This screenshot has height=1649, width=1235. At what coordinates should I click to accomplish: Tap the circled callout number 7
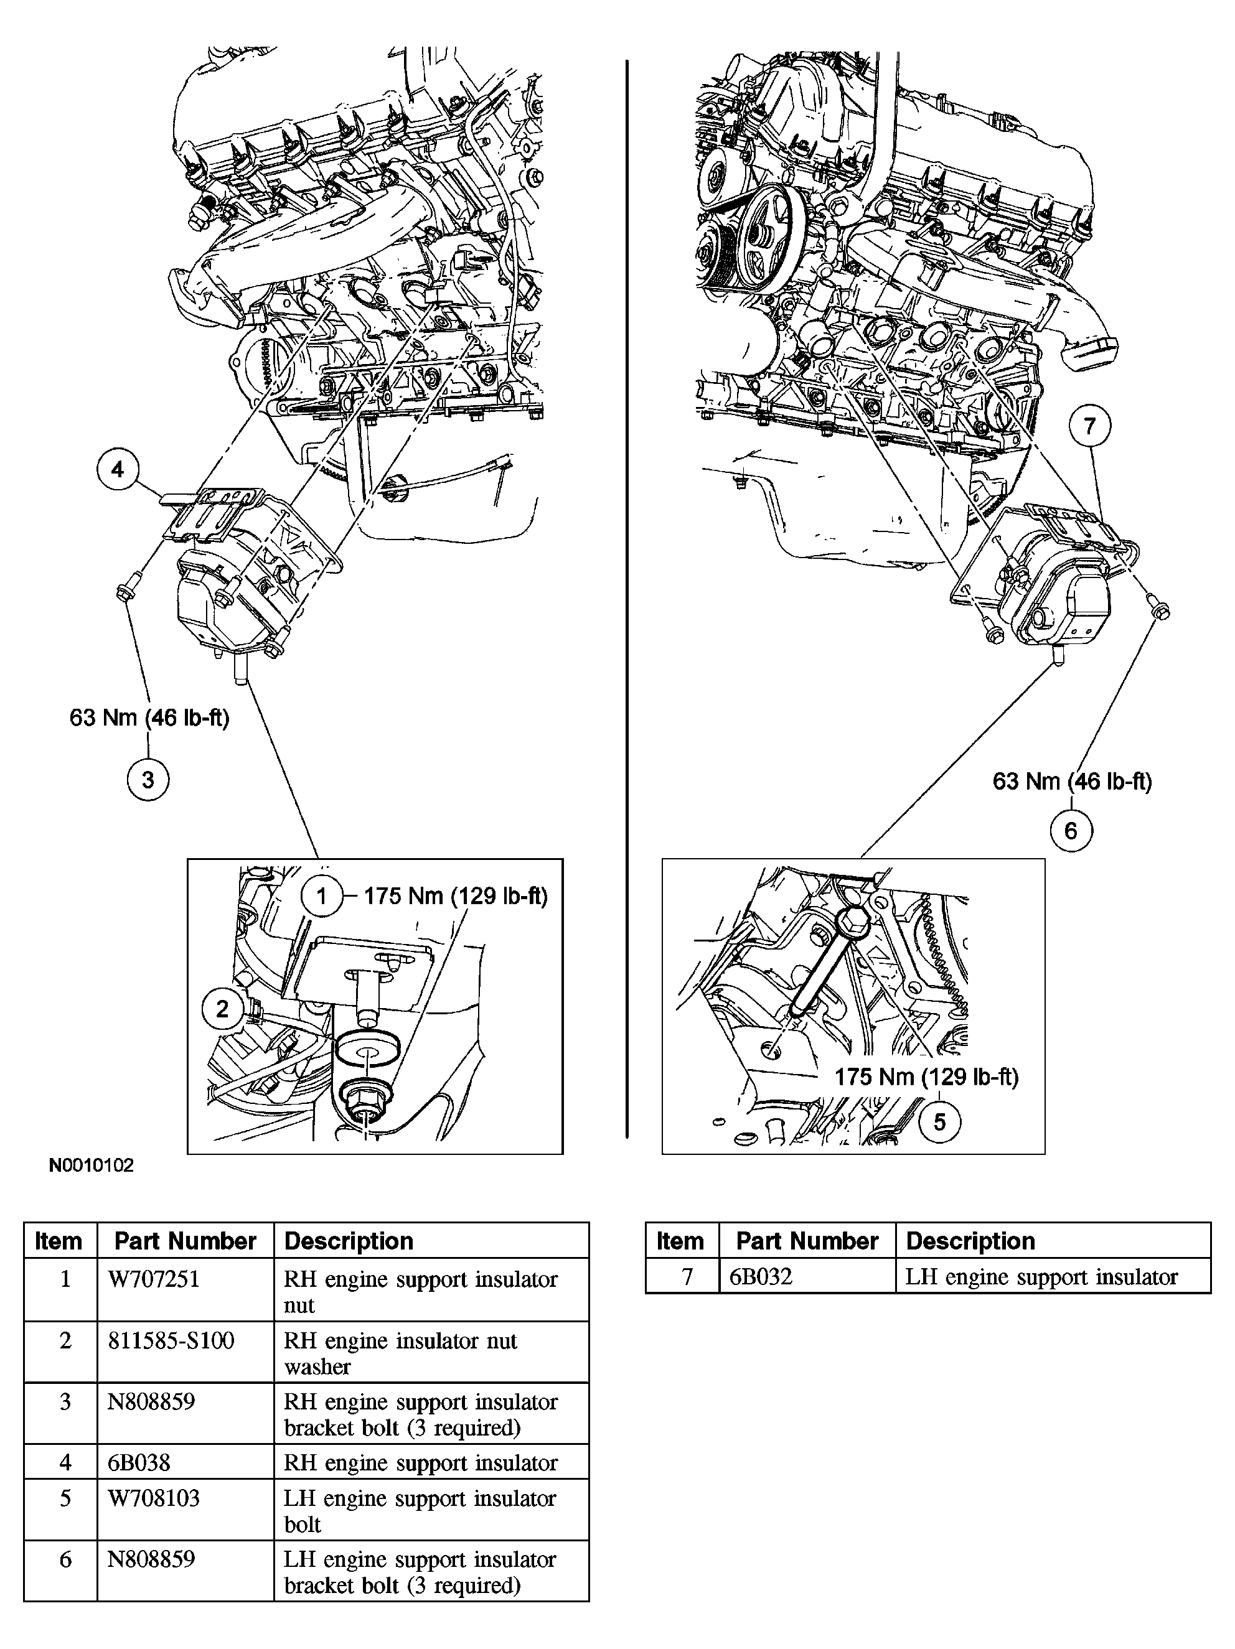coord(1089,426)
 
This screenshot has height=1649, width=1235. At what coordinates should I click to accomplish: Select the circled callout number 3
coord(148,780)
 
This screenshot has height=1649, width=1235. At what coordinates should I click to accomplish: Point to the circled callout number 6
coord(1071,831)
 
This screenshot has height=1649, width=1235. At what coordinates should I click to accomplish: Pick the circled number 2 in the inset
coord(222,1009)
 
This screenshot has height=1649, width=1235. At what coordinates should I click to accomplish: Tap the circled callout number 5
coord(939,1122)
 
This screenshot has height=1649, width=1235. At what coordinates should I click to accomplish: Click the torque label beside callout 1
coord(456,896)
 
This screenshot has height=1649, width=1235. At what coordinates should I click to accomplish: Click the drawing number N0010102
coord(91,1165)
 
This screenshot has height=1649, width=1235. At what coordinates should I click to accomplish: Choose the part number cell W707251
coord(154,1279)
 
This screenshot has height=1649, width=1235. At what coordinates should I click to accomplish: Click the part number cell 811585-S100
coord(171,1340)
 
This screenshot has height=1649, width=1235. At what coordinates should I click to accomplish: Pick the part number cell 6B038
coord(139,1462)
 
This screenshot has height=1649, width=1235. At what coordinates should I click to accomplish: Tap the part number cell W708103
coord(154,1498)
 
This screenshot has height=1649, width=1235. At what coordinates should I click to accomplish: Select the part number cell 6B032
coord(760,1277)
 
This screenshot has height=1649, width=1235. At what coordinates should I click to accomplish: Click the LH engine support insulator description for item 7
coord(1041,1277)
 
